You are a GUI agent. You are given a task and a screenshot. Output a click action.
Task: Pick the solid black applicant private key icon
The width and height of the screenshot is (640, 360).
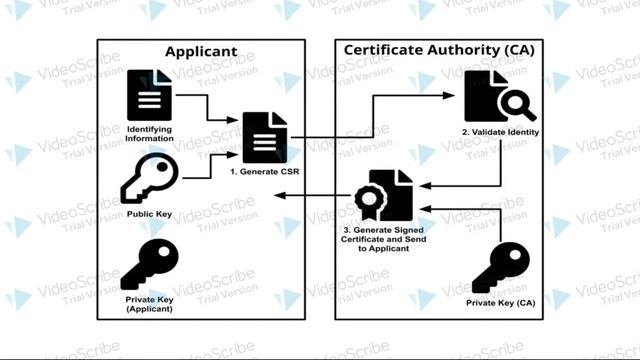150,264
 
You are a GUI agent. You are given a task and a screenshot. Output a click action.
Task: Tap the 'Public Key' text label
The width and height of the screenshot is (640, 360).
148,214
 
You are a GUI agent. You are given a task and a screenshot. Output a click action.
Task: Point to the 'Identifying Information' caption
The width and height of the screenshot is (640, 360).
150,133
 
